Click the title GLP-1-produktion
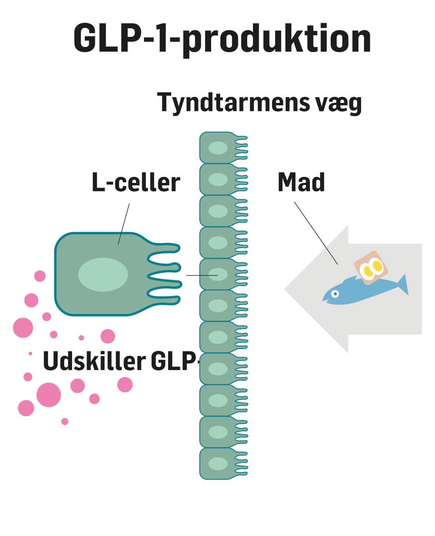(222, 39)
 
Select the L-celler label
(136, 182)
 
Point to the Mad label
(301, 182)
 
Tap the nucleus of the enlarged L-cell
(103, 274)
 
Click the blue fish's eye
(335, 294)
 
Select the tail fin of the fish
(402, 284)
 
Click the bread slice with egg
(371, 267)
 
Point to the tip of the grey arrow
(287, 289)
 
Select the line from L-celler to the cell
(124, 224)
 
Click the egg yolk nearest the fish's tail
(377, 266)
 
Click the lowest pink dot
(65, 421)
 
